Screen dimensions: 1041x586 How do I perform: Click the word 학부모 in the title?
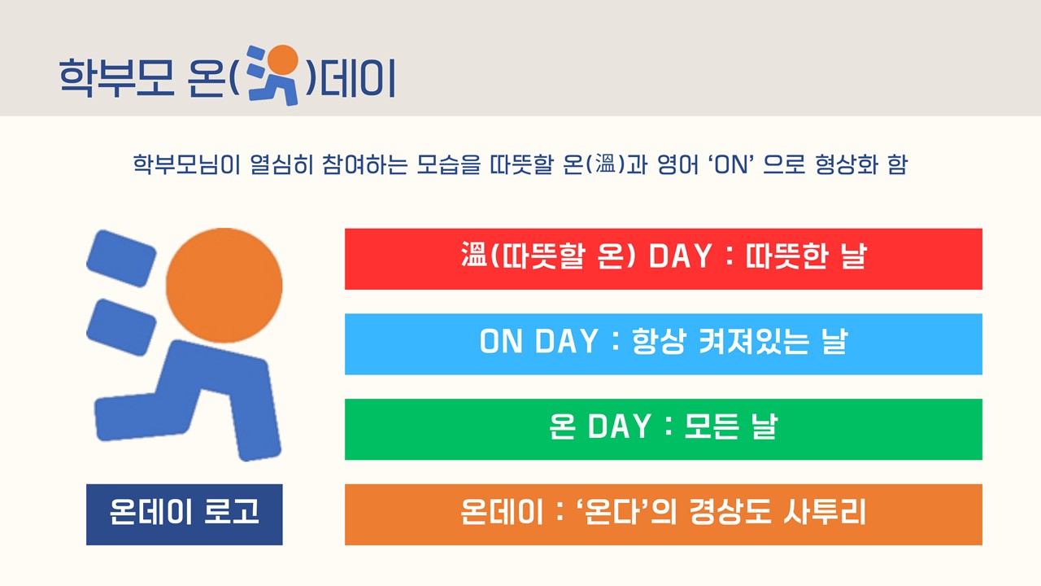[116, 77]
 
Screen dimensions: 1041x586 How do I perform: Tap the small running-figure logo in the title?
[272, 75]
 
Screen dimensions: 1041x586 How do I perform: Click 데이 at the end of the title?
[358, 77]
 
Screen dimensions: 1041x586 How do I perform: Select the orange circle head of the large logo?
[224, 285]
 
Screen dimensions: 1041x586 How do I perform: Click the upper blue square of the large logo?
[121, 259]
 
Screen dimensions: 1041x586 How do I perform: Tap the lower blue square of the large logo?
[121, 327]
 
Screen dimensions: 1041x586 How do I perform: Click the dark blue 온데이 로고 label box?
[185, 514]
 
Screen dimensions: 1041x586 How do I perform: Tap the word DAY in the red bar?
[680, 256]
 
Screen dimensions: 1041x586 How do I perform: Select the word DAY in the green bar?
[619, 426]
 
